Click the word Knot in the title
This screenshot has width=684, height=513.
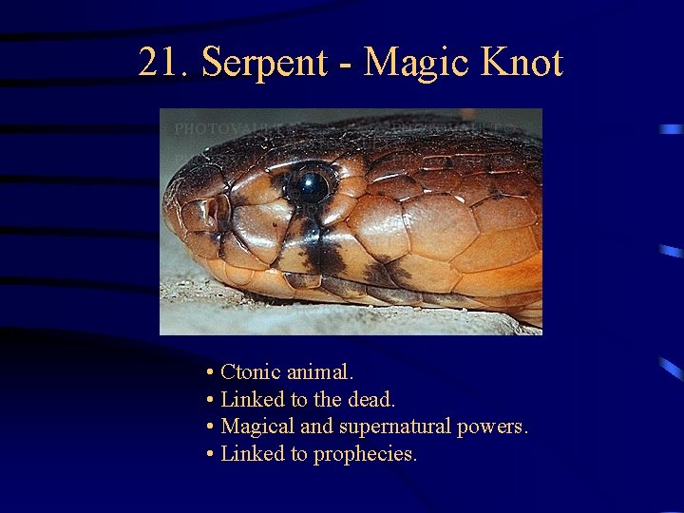click(x=522, y=64)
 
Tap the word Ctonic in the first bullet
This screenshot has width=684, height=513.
click(x=249, y=371)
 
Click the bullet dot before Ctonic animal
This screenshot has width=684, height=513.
click(x=209, y=372)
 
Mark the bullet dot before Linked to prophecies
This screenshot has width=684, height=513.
click(x=209, y=455)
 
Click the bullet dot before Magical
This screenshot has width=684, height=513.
click(x=209, y=427)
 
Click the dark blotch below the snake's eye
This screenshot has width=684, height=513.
click(x=323, y=252)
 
